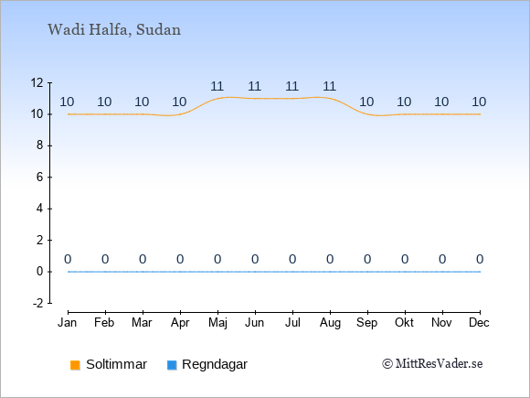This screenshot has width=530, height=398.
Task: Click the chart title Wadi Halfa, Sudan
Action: [x=114, y=30]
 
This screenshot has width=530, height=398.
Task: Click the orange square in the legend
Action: [x=75, y=365]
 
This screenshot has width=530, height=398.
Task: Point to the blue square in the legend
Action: [x=172, y=365]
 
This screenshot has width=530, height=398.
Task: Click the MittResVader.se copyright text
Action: [x=432, y=364]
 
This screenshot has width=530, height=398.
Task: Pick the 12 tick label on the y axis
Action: [x=37, y=82]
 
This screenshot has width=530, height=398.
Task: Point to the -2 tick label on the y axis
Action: [x=38, y=303]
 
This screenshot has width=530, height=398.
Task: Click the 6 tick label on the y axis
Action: [x=40, y=177]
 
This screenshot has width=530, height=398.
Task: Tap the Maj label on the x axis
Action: [x=217, y=323]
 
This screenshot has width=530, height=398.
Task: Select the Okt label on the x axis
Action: [x=404, y=323]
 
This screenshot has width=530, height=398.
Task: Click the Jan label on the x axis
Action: [x=68, y=323]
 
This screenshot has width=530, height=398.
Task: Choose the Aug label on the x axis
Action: [x=330, y=323]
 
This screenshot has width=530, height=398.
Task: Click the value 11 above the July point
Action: [x=292, y=86]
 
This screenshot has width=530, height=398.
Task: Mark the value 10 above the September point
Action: [x=366, y=102]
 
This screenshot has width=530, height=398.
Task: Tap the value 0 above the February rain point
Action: [x=105, y=259]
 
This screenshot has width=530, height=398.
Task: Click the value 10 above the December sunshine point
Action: [x=479, y=102]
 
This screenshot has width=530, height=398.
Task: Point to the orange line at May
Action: [x=217, y=99]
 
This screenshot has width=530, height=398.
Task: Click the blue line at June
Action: [x=255, y=272]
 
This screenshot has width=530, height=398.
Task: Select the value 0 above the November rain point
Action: [x=442, y=259]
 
